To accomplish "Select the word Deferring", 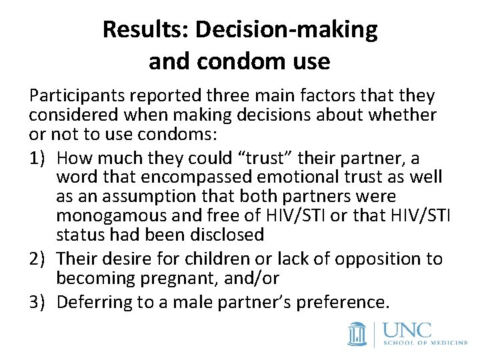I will pos(95,302).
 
